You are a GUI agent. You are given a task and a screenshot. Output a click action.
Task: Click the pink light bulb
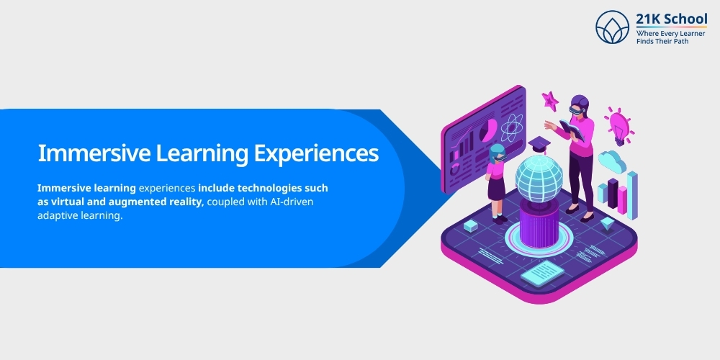618,127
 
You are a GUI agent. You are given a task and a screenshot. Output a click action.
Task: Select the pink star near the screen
550,101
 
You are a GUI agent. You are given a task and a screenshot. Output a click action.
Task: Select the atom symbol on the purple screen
511,130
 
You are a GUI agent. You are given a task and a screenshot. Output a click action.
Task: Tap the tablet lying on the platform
541,272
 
